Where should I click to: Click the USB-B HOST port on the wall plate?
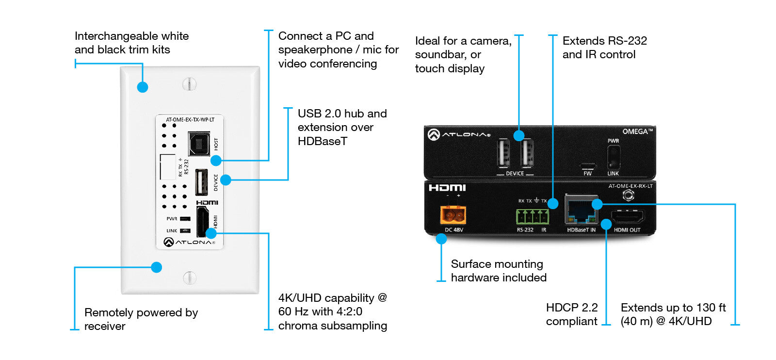[199, 144]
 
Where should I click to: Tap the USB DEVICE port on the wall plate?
[202, 182]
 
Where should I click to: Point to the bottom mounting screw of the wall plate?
[189, 278]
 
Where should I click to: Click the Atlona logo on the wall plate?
[190, 242]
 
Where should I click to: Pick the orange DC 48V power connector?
[453, 214]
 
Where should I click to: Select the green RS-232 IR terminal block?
[532, 216]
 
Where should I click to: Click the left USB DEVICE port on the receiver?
[503, 154]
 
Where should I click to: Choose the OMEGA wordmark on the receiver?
[637, 131]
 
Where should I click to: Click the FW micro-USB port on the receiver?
[587, 165]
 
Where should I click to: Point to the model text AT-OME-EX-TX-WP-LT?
[190, 119]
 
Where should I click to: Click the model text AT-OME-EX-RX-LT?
[630, 186]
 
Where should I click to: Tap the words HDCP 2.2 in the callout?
[572, 308]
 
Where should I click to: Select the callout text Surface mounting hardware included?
[499, 271]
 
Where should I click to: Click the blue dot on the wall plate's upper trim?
[142, 87]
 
